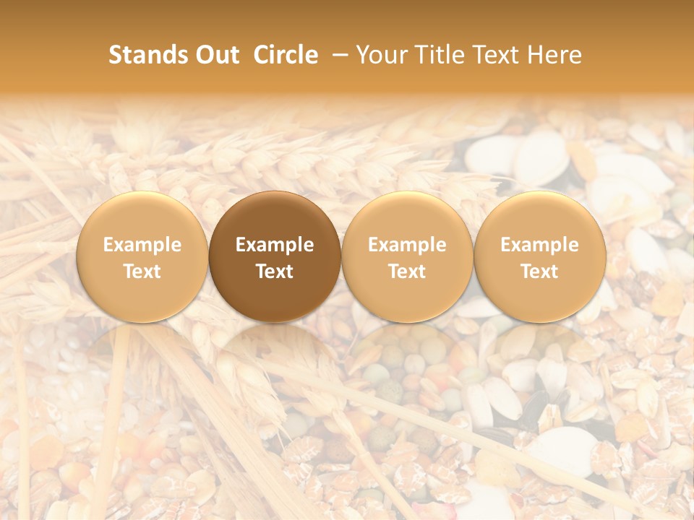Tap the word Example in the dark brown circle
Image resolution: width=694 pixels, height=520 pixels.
pyautogui.click(x=275, y=245)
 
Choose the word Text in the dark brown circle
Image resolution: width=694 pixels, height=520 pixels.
pyautogui.click(x=275, y=272)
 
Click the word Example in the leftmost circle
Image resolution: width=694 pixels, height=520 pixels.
pyautogui.click(x=142, y=245)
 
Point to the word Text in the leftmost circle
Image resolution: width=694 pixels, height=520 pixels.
pyautogui.click(x=142, y=272)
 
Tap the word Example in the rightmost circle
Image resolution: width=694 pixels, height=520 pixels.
pyautogui.click(x=540, y=245)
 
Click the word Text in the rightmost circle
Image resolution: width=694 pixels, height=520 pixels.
pyautogui.click(x=540, y=272)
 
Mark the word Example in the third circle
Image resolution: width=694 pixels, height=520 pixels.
pyautogui.click(x=407, y=245)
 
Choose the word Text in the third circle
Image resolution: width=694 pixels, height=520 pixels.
pyautogui.click(x=407, y=272)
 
